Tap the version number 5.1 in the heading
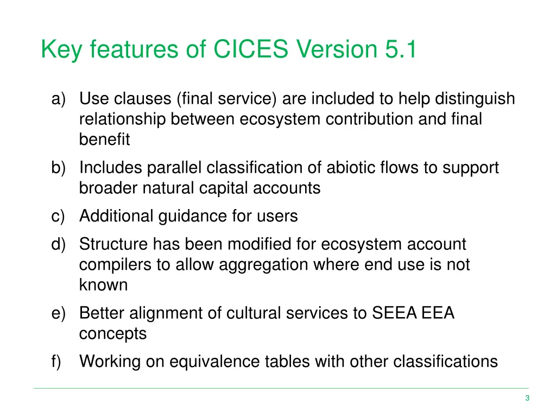[x=401, y=50]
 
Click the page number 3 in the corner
[x=527, y=399]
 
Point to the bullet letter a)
[x=58, y=99]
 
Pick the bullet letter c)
[x=58, y=216]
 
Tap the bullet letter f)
[x=57, y=361]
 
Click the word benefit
[x=104, y=140]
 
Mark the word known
[x=103, y=285]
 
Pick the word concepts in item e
[x=112, y=333]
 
